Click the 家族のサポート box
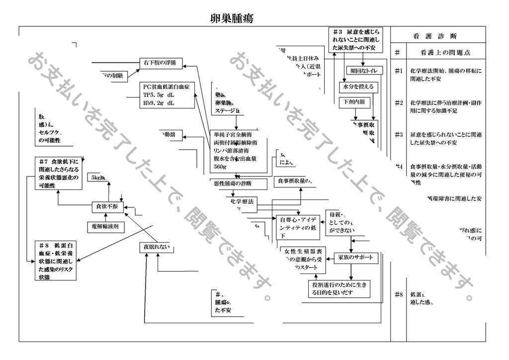(x=354, y=258)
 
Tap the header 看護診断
(x=435, y=36)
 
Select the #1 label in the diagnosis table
(x=398, y=71)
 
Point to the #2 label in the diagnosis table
(x=398, y=103)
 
